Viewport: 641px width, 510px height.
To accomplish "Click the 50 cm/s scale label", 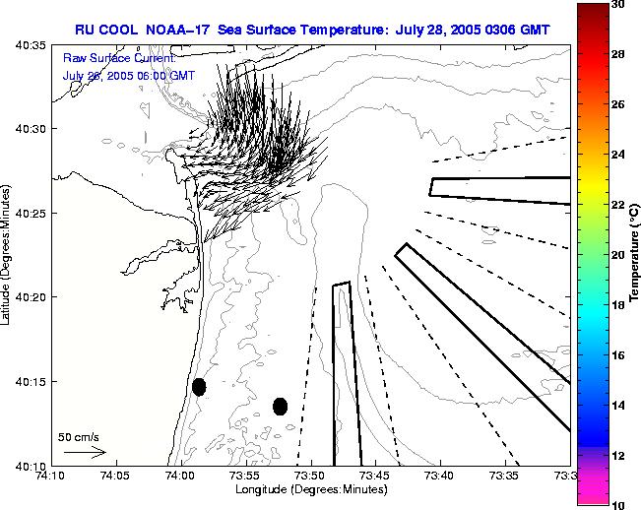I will click(79, 436).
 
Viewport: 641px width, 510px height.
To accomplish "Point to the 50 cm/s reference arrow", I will click(85, 452).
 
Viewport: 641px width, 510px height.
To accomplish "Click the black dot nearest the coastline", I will click(199, 387).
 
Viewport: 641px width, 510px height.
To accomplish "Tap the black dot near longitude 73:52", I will click(280, 406).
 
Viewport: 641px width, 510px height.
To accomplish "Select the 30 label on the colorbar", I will click(618, 5).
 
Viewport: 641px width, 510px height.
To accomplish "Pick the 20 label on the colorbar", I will click(618, 254).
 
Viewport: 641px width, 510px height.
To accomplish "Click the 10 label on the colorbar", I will click(618, 504).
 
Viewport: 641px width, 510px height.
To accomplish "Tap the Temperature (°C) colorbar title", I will click(636, 255).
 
